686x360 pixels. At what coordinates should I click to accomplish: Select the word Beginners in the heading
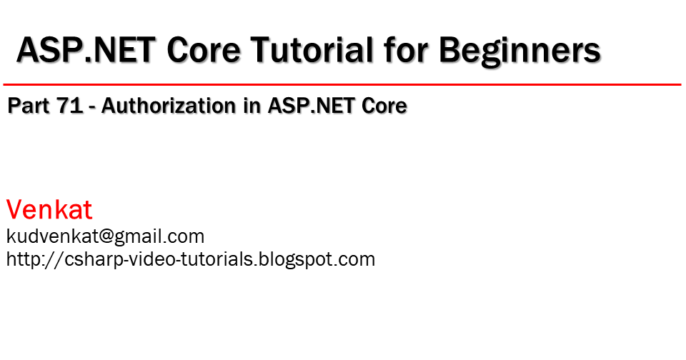pos(520,51)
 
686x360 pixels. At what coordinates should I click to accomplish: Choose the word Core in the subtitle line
pos(384,106)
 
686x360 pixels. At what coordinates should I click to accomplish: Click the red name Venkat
pos(49,210)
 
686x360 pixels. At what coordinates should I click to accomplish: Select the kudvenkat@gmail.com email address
pos(105,236)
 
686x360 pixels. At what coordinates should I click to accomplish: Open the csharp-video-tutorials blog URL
pos(191,259)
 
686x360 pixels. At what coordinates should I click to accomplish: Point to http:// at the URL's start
pos(27,259)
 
